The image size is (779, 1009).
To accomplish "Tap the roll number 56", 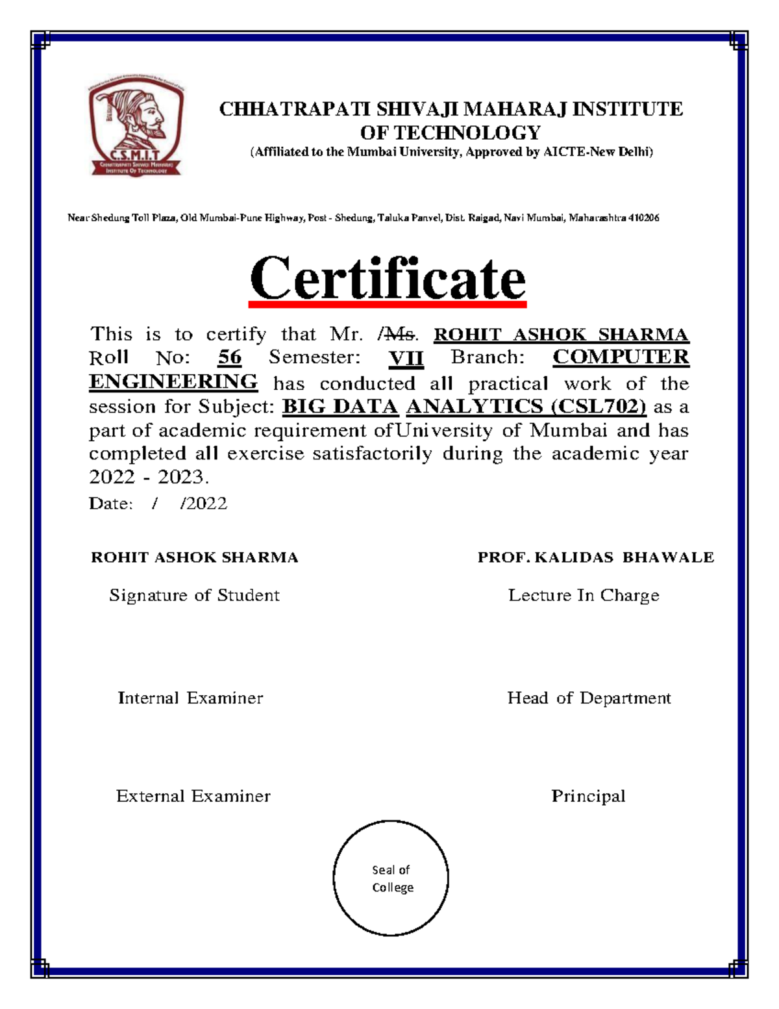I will pos(230,357).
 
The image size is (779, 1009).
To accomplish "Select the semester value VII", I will pos(406,357).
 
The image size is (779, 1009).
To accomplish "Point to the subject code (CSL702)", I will pos(599,407).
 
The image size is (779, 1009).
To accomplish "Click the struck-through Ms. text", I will pos(399,335).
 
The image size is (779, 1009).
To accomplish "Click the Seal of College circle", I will pos(391,878).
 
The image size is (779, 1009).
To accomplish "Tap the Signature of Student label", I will pos(194,595).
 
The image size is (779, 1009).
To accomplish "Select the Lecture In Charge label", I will pos(584,595).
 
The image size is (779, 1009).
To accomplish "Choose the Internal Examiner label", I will pos(190,698).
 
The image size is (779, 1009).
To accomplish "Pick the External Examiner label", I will pos(193,796).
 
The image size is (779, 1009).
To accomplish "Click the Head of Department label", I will pos(589,698).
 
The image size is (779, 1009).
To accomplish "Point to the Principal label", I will pos(588,796).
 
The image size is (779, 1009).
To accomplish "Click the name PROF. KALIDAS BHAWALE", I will pos(595,557).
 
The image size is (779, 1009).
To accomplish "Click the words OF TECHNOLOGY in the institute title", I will pos(451,133).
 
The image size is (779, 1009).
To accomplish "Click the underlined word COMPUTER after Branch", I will pos(621,357).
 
